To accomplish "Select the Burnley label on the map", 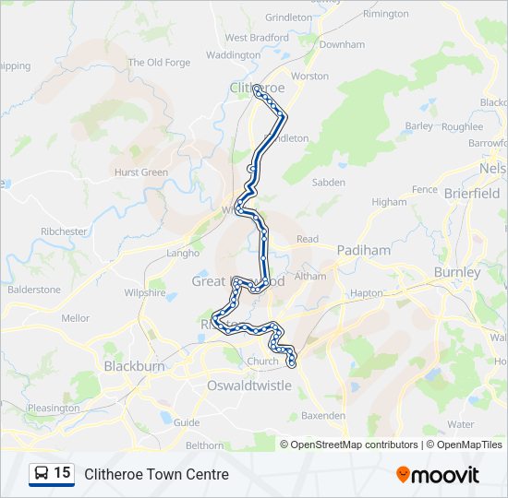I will [457, 272].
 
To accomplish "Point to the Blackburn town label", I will [134, 366].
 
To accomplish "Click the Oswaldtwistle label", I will [249, 385].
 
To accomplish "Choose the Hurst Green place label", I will [141, 172].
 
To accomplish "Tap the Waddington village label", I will [233, 55].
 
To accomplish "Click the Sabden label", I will [328, 183].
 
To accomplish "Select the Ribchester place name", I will [64, 231].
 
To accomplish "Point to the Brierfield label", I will [471, 193].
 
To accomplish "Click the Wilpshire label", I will [145, 293].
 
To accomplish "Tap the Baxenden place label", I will [323, 416].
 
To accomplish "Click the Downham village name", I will [342, 44].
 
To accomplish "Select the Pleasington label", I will [54, 408].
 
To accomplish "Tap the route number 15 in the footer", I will [62, 474].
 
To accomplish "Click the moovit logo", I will [438, 475].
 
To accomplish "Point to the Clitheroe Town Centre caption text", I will [156, 475].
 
